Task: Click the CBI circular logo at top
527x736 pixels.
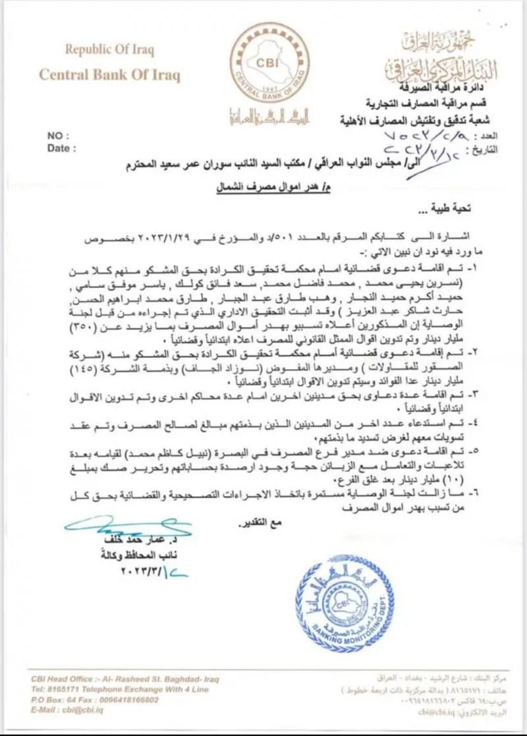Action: (x=263, y=63)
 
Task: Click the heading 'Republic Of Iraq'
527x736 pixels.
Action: (x=109, y=49)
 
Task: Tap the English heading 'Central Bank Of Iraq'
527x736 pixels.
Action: (x=109, y=74)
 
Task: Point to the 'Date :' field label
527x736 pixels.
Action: (x=62, y=148)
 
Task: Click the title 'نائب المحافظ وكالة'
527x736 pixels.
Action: (x=145, y=555)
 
